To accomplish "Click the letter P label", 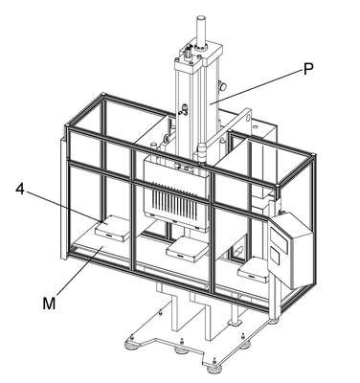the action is click(x=308, y=69).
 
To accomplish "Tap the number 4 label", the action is click(x=20, y=190).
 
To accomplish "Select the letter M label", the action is click(x=49, y=304).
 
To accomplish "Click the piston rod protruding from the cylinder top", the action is click(x=201, y=32).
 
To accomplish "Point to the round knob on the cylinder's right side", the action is click(x=222, y=86).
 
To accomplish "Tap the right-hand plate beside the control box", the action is click(x=254, y=270).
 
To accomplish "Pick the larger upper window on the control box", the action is click(x=279, y=238).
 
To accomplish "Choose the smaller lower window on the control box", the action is click(x=275, y=257).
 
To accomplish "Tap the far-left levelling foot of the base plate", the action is click(x=131, y=343).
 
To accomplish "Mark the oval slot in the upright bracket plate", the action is click(x=248, y=117).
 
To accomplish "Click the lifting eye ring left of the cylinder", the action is click(x=167, y=139).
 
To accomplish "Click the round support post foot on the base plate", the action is click(x=236, y=323).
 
